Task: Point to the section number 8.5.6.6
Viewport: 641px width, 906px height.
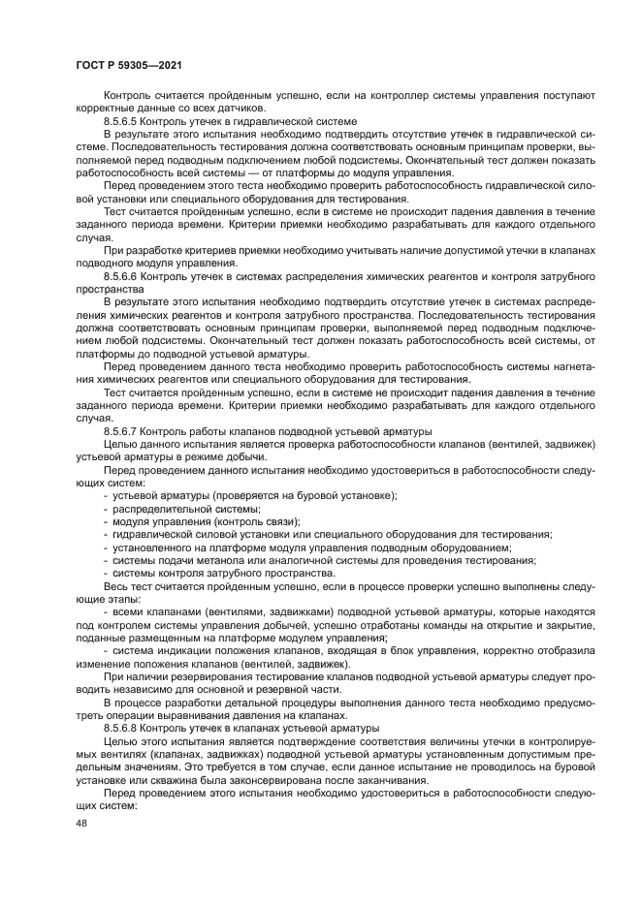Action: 124,276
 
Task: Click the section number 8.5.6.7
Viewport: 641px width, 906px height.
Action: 124,430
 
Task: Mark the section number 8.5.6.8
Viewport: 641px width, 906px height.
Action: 124,727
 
